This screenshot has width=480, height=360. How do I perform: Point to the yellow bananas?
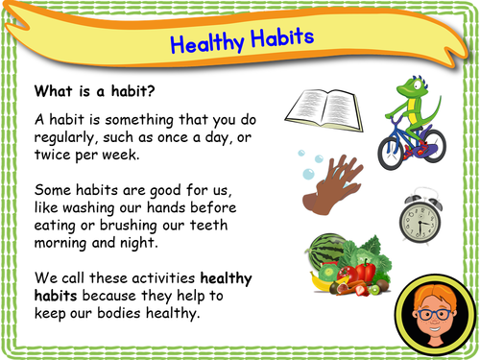click(x=317, y=287)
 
